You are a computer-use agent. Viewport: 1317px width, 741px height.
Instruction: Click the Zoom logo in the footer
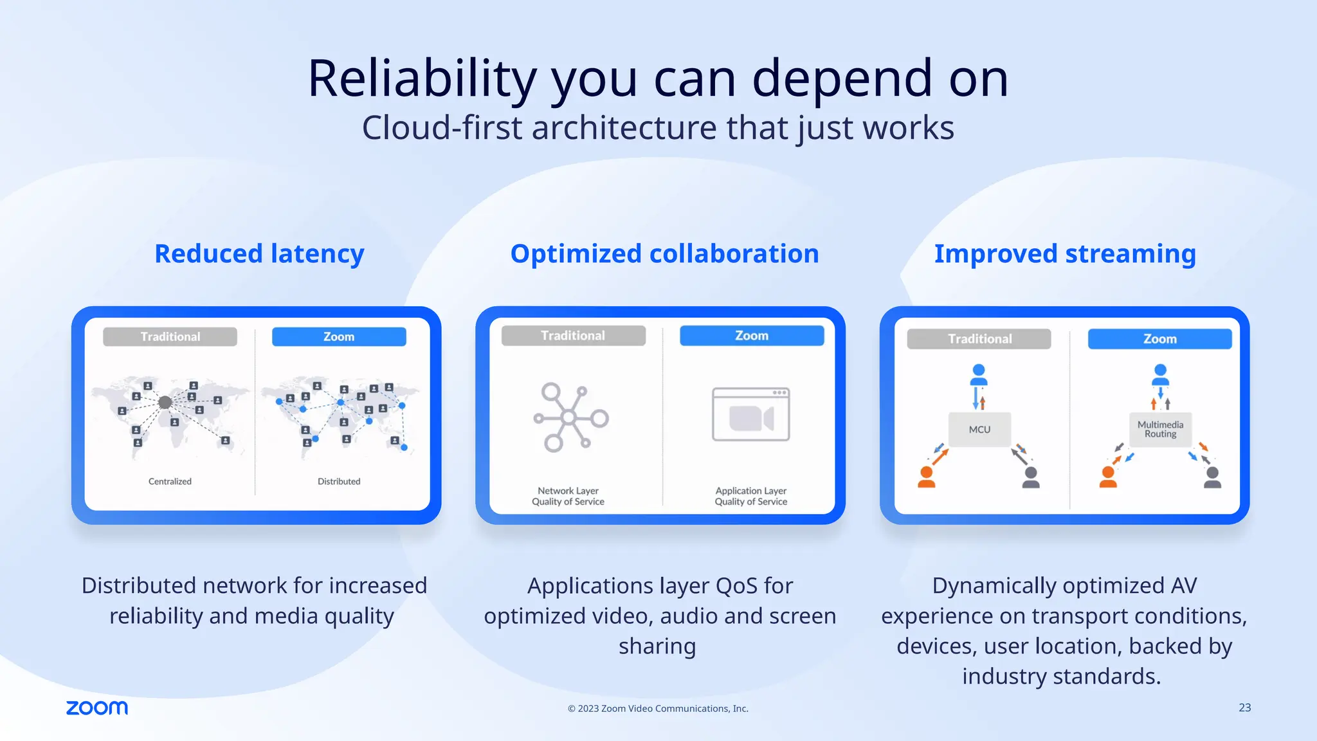pos(97,708)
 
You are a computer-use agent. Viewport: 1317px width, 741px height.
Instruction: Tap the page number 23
pos(1244,708)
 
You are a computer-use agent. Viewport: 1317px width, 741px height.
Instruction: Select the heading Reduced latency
pos(259,253)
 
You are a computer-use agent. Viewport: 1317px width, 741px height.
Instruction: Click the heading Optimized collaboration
pos(664,253)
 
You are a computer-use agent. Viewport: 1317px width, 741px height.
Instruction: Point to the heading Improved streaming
pos(1065,253)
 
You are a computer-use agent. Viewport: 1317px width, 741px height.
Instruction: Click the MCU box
pos(979,429)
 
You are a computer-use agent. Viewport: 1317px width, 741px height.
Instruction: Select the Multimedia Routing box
pos(1160,429)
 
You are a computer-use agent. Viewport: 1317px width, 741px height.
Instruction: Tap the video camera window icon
pos(750,415)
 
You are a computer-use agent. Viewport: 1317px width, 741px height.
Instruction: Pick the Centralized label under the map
pos(170,481)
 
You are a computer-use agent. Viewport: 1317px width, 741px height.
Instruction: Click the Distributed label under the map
pos(339,481)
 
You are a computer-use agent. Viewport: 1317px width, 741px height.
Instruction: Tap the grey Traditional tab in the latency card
pos(170,336)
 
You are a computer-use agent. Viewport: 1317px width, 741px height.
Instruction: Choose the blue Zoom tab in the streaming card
pos(1159,339)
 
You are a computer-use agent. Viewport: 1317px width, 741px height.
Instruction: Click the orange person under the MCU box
pos(927,477)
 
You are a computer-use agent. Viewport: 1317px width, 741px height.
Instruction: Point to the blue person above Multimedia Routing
pos(1160,374)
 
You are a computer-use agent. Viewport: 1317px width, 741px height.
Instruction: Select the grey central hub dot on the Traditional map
pos(165,402)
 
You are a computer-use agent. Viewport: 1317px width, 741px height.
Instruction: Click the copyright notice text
pos(658,708)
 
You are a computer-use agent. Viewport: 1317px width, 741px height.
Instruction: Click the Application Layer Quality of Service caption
pos(750,496)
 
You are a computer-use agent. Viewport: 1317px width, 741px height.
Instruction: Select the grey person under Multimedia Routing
pos(1212,477)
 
